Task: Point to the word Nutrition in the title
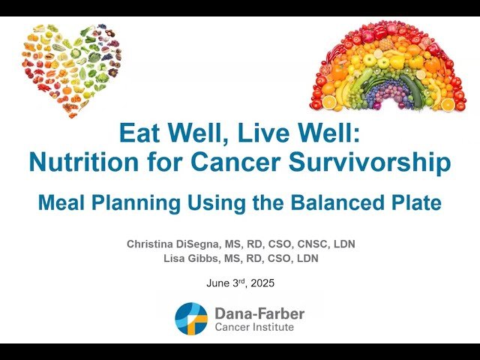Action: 82,161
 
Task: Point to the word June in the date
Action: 218,283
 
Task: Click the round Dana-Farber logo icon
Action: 190,318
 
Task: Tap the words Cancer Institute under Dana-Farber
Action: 253,327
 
